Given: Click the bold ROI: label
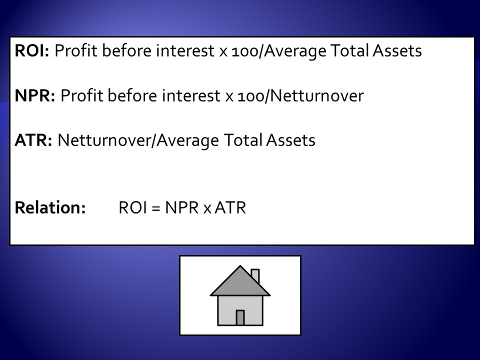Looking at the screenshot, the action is click(x=32, y=50).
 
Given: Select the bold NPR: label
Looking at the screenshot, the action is click(x=35, y=95).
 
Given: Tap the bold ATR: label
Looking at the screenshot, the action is click(x=33, y=140).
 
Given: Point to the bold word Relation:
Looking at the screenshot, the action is click(x=50, y=207).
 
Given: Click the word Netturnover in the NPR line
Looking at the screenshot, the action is click(x=317, y=95).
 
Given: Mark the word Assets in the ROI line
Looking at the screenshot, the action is click(x=397, y=50).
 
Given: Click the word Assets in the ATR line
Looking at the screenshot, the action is click(x=290, y=140).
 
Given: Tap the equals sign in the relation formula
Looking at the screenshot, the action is click(x=156, y=208).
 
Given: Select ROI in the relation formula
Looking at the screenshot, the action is click(x=132, y=207).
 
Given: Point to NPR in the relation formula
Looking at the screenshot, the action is click(x=182, y=207).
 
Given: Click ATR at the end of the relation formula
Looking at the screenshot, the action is click(x=230, y=207).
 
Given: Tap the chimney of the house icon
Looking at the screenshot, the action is click(x=255, y=275).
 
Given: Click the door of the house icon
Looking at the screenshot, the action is click(x=240, y=318).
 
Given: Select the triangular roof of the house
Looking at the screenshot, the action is click(x=240, y=284).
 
